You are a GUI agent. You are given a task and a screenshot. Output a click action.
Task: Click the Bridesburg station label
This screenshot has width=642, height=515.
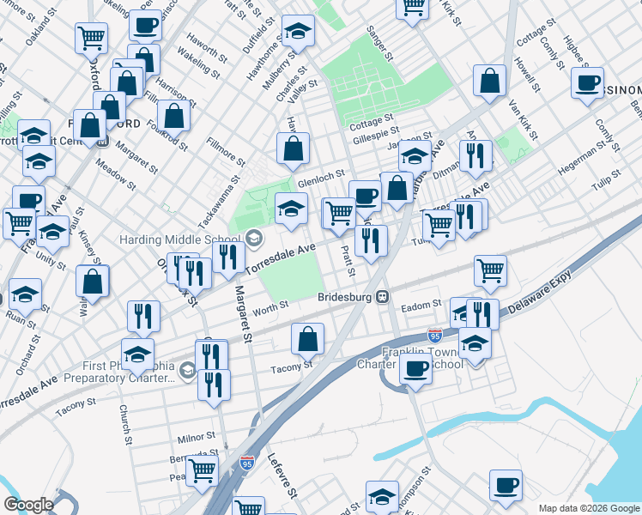point(348,298)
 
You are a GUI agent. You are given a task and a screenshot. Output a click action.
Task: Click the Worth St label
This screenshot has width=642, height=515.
point(270,306)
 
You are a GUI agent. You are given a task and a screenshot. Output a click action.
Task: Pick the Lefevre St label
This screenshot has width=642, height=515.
point(282,477)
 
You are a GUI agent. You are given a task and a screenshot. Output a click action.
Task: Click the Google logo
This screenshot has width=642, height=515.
point(28,505)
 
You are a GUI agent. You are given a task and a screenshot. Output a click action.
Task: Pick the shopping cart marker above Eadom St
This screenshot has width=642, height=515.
point(490,270)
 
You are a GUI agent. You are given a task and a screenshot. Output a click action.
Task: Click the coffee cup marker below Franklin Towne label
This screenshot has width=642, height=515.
point(416,369)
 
